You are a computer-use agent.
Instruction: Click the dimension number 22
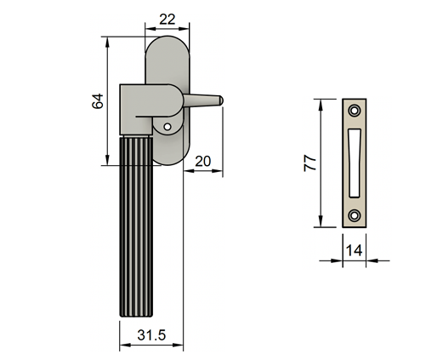point(166,19)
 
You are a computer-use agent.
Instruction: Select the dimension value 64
point(97,101)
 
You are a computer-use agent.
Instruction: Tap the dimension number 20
point(202,161)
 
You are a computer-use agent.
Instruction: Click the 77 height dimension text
point(311,163)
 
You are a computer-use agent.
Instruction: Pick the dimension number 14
point(355,250)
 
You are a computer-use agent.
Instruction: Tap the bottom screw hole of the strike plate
point(355,215)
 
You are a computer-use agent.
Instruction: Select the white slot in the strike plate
point(355,162)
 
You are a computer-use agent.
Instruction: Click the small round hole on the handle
point(168,128)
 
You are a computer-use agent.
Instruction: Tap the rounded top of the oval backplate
point(166,43)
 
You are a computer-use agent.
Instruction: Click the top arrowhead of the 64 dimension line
point(107,39)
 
